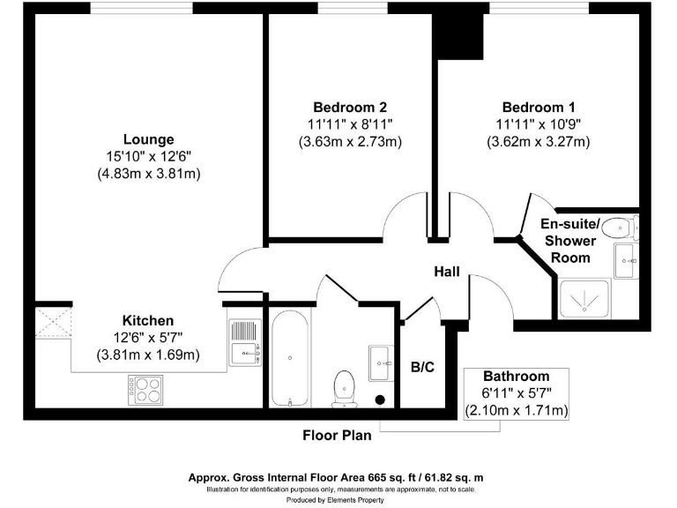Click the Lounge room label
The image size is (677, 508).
148,139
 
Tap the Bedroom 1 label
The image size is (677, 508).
537,108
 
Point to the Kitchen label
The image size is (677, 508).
147,320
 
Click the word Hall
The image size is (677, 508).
446,273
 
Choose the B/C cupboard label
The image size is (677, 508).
423,367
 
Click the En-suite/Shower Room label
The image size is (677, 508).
569,240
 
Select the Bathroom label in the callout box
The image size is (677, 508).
516,376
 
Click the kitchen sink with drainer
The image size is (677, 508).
243,342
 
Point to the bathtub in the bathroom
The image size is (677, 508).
289,358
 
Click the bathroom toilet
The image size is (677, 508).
344,385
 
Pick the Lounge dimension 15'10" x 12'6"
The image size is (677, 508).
148,156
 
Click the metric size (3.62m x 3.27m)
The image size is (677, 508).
537,141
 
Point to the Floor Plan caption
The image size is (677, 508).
337,435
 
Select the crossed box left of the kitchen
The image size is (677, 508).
52,324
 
